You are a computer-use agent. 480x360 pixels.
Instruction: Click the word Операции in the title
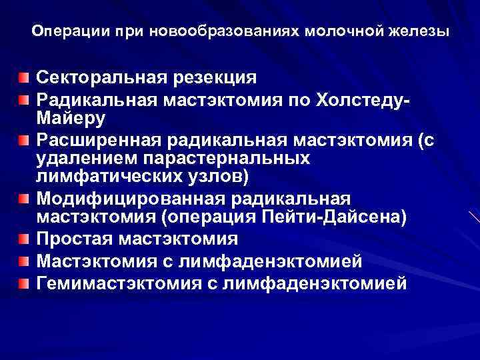point(62,31)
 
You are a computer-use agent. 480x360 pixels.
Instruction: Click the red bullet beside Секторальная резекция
point(24,78)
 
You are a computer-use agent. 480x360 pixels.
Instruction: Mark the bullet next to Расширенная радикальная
point(24,140)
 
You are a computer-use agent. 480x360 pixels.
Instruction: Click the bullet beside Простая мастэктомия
point(24,239)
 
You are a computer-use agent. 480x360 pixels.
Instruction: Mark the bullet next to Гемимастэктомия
point(24,285)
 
